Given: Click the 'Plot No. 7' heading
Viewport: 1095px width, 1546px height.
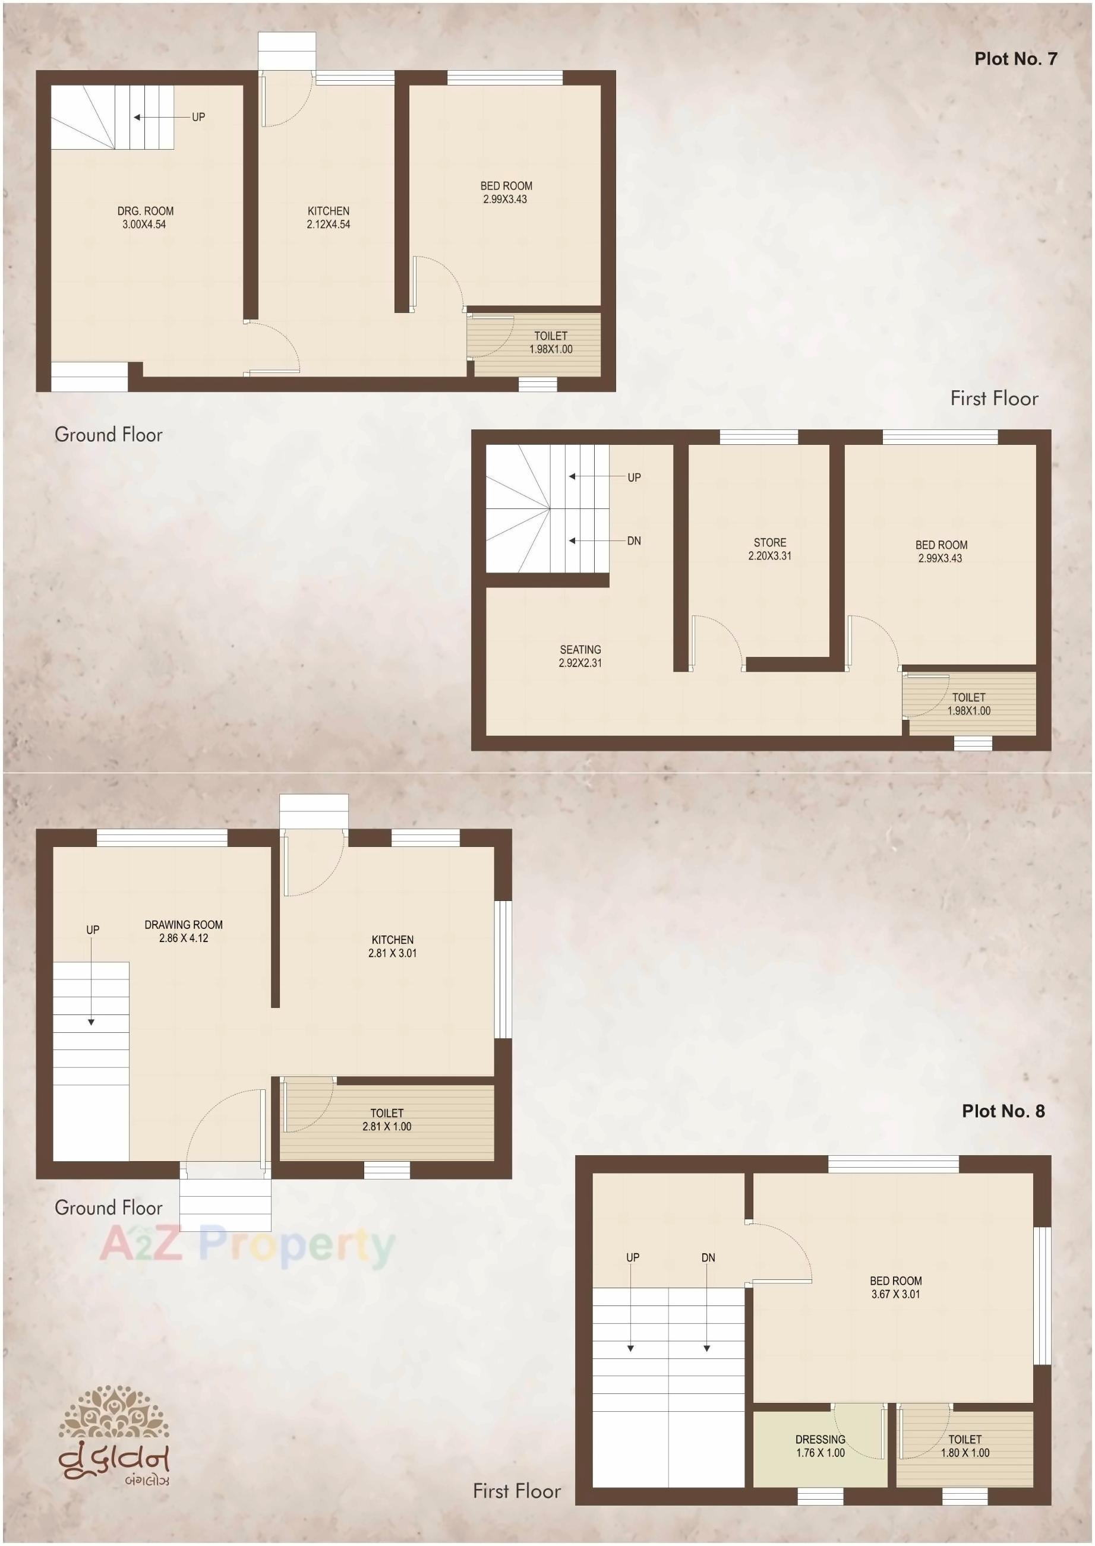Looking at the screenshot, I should (1015, 59).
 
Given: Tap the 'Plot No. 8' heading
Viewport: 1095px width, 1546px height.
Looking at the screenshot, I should (1003, 1111).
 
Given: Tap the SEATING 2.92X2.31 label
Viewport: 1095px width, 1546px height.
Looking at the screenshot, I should (580, 656).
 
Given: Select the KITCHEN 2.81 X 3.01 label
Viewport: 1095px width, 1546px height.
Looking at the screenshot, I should (392, 946).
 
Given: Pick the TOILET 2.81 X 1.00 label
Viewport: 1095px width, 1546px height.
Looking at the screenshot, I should (387, 1120).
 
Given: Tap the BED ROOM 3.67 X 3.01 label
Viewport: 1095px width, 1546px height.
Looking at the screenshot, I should (895, 1287).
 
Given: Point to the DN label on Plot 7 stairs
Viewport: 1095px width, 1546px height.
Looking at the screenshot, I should (634, 541).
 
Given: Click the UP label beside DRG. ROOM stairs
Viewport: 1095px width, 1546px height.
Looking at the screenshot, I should (198, 117).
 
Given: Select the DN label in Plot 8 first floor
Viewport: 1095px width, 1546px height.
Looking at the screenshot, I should (708, 1257).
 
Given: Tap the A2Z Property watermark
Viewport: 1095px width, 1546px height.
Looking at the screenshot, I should (247, 1244).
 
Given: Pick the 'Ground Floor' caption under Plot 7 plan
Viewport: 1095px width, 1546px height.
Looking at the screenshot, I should (109, 435).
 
